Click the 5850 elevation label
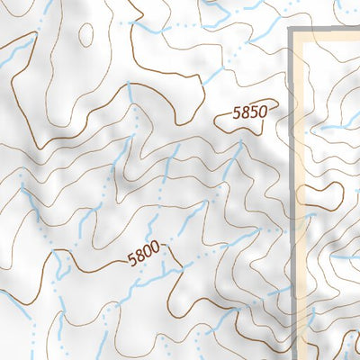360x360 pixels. (x=250, y=113)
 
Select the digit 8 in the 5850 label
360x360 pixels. (x=246, y=114)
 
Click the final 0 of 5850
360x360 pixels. (x=263, y=112)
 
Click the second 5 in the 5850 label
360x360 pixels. (x=254, y=113)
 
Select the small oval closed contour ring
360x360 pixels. (x=85, y=34)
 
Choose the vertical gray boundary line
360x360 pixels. (x=292, y=180)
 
